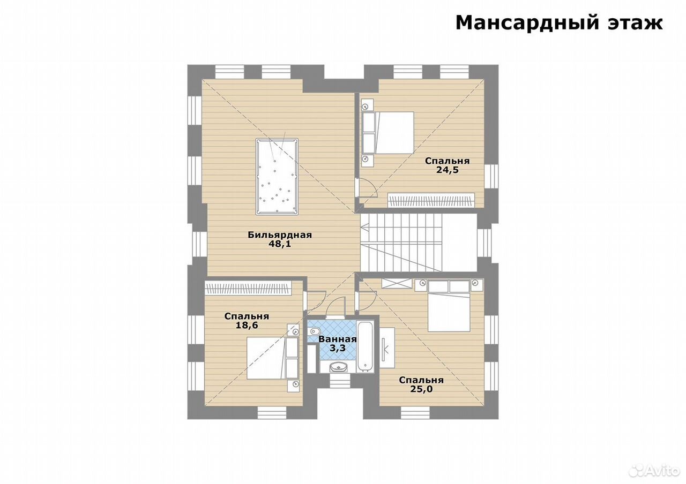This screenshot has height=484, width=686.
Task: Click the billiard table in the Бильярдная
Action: pyautogui.click(x=277, y=177)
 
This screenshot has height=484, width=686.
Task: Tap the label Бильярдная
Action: pyautogui.click(x=280, y=235)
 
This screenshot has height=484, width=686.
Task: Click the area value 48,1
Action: pyautogui.click(x=280, y=244)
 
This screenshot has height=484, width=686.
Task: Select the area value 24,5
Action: pyautogui.click(x=447, y=170)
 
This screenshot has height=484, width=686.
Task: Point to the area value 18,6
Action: pyautogui.click(x=247, y=325)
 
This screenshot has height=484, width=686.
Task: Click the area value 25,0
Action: pyautogui.click(x=421, y=389)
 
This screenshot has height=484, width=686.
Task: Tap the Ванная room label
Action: pyautogui.click(x=338, y=339)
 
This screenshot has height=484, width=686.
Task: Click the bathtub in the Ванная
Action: pyautogui.click(x=366, y=346)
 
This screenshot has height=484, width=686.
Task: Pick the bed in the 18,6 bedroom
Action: pyautogui.click(x=273, y=358)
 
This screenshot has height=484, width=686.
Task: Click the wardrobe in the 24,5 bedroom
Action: pyautogui.click(x=431, y=200)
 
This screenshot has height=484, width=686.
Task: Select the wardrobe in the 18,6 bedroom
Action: pyautogui.click(x=248, y=288)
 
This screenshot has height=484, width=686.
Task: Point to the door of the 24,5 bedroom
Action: pyautogui.click(x=368, y=187)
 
